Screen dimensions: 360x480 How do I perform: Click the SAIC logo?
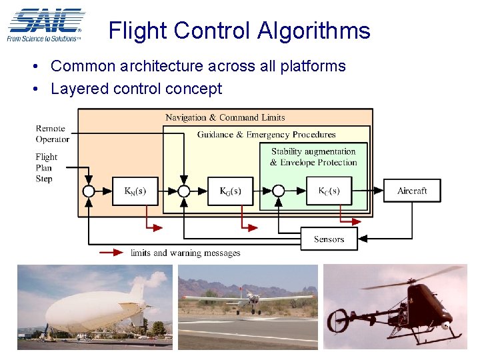tap(45, 25)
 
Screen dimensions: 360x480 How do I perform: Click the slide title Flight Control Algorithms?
tap(239, 31)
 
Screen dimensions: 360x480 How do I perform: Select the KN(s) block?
tap(135, 191)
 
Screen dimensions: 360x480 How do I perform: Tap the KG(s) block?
tap(231, 191)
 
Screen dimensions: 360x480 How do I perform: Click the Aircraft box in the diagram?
tap(412, 191)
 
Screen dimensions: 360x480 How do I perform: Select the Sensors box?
tap(329, 239)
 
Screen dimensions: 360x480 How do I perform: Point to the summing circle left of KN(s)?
tap(89, 191)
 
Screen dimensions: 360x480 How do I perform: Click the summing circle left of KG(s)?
tap(183, 191)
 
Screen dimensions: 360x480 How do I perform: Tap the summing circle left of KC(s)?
tap(279, 191)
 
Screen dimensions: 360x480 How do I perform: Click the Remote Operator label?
tap(52, 134)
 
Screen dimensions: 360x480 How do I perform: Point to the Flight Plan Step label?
tap(46, 168)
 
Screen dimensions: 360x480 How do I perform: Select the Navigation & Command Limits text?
tap(225, 117)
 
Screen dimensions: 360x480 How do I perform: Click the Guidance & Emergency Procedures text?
tap(266, 135)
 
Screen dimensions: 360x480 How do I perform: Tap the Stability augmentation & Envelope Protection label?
tap(313, 157)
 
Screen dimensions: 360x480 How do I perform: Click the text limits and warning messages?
tap(185, 253)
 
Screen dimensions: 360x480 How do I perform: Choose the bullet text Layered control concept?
tap(136, 89)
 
